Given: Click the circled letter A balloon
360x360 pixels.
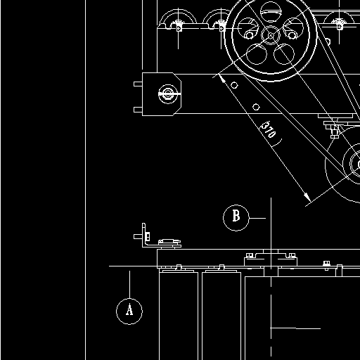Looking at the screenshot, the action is pyautogui.click(x=129, y=311).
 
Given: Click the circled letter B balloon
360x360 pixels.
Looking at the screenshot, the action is pyautogui.click(x=236, y=218).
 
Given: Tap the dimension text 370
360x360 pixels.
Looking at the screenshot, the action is pyautogui.click(x=269, y=129).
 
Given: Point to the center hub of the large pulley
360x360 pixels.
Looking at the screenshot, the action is pyautogui.click(x=271, y=35).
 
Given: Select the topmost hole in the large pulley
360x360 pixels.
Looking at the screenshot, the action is pyautogui.click(x=271, y=12).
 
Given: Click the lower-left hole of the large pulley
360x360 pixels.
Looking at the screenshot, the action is pyautogui.click(x=257, y=54).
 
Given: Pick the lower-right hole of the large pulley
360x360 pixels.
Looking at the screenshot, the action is pyautogui.click(x=284, y=54).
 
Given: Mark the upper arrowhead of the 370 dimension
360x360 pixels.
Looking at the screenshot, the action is pyautogui.click(x=221, y=78).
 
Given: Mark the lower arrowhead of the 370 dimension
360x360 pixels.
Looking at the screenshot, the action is pyautogui.click(x=307, y=198).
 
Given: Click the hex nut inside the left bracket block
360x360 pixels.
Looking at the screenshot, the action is pyautogui.click(x=168, y=94).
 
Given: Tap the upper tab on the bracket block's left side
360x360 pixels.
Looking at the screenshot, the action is pyautogui.click(x=138, y=84).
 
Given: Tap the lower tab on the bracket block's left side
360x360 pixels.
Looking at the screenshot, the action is pyautogui.click(x=138, y=110).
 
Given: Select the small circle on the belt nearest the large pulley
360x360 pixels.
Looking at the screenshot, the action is pyautogui.click(x=234, y=85).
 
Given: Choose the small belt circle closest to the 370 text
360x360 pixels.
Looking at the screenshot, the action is pyautogui.click(x=256, y=107).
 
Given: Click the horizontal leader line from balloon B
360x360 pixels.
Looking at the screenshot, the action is pyautogui.click(x=257, y=218).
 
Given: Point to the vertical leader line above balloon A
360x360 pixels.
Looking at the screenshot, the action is pyautogui.click(x=129, y=285).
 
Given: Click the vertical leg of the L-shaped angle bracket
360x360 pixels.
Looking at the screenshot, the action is pyautogui.click(x=144, y=235).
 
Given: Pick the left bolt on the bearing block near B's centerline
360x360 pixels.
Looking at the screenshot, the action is pyautogui.click(x=249, y=255).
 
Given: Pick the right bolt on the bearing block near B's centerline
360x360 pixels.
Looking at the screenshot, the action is pyautogui.click(x=292, y=255).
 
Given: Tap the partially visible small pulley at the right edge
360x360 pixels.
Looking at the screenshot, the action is pyautogui.click(x=352, y=164).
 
